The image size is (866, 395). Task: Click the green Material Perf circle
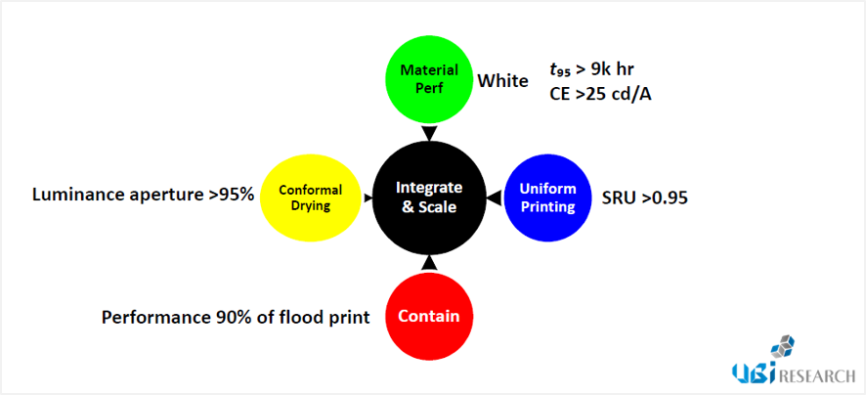(429, 78)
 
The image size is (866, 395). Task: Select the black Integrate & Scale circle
(428, 197)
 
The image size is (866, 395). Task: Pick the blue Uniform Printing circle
(547, 197)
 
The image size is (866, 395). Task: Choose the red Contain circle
(429, 317)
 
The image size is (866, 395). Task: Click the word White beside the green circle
(502, 82)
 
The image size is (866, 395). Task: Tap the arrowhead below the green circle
(429, 134)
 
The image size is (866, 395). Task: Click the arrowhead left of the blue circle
(495, 197)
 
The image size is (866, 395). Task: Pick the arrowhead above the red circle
(428, 263)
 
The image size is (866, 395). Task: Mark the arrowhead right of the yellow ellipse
(368, 197)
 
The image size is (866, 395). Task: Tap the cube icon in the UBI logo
(783, 347)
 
